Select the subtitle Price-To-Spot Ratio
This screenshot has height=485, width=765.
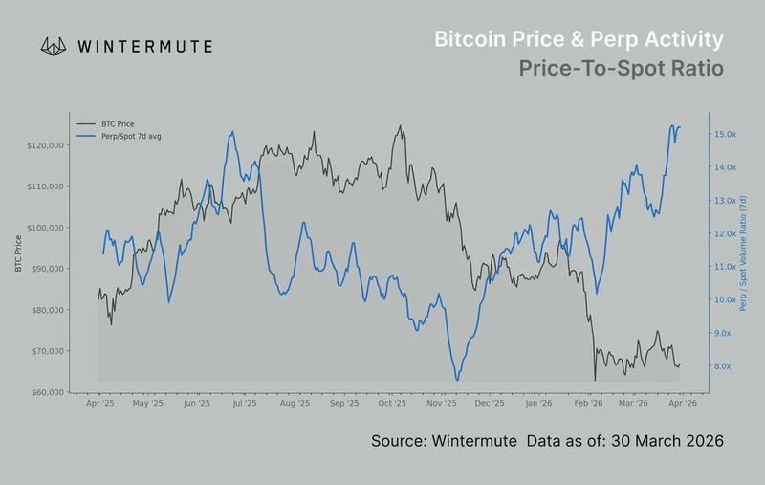coord(621,70)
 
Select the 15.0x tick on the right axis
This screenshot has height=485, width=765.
coord(725,135)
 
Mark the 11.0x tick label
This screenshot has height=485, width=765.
coord(725,267)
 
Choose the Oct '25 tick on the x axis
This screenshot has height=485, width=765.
coord(392,405)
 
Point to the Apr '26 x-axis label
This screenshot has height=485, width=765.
coord(680,405)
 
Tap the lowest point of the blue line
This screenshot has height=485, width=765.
coord(456,380)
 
